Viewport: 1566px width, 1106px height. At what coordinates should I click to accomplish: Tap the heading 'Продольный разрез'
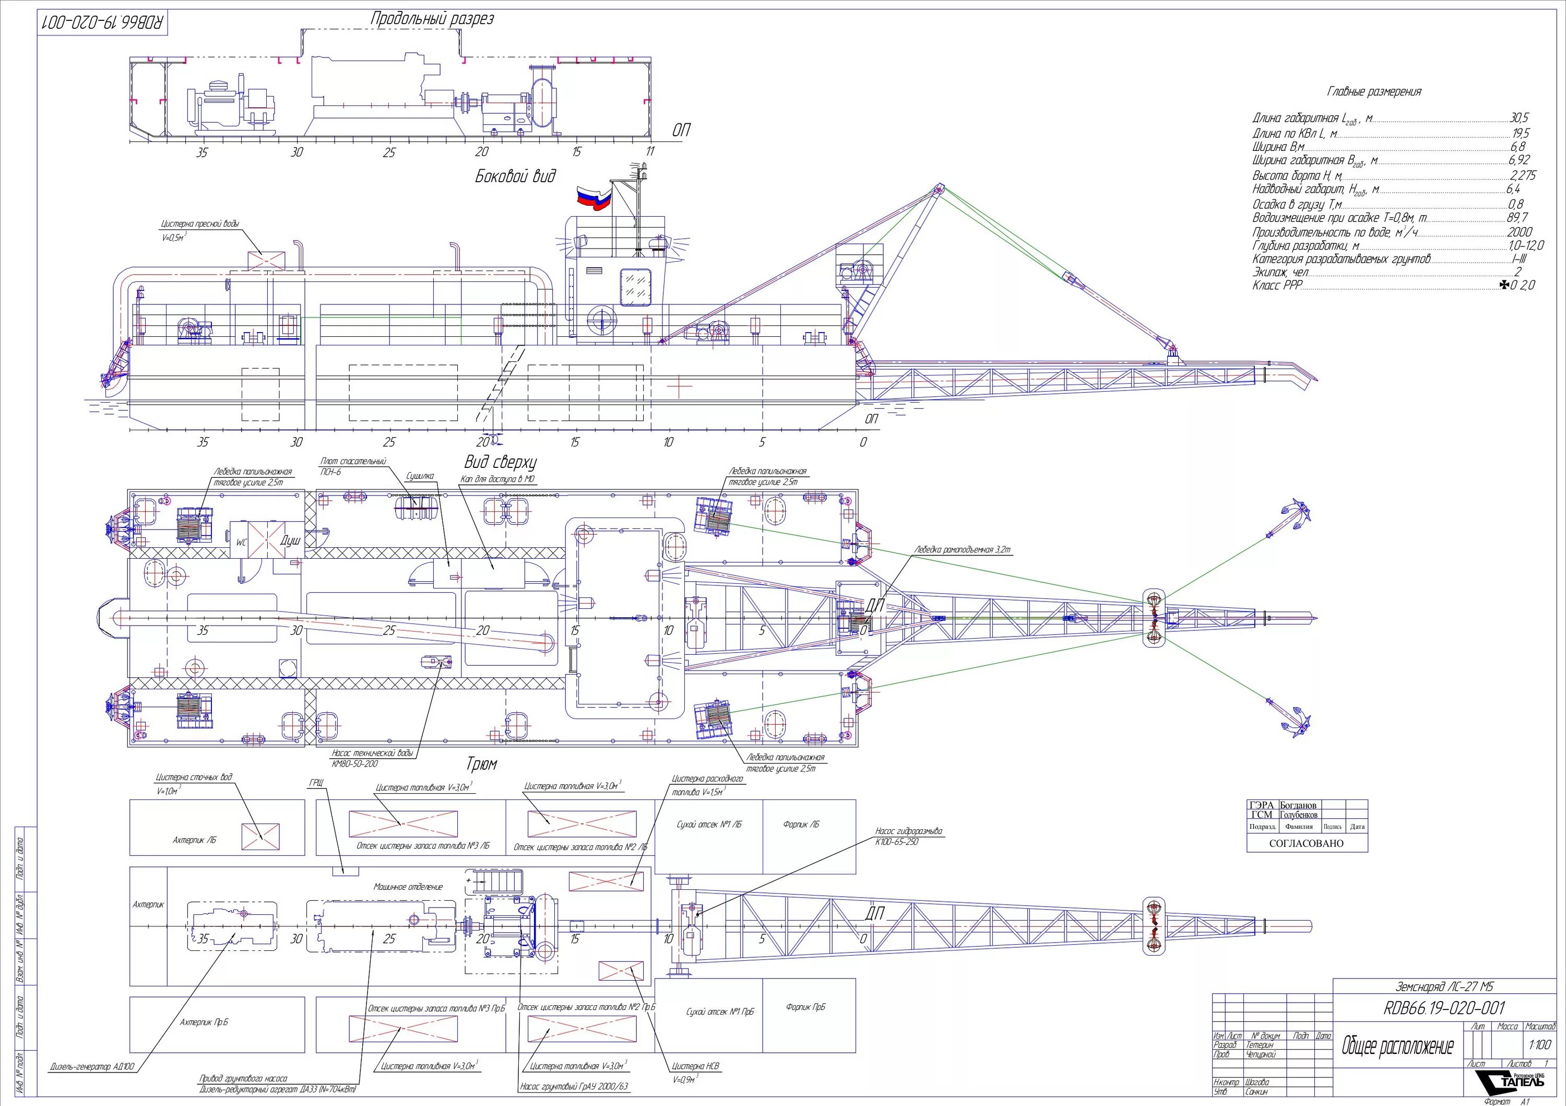point(432,19)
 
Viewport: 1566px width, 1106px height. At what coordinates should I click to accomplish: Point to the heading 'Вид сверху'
point(501,462)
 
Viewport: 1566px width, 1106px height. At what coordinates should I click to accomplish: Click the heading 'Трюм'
point(481,763)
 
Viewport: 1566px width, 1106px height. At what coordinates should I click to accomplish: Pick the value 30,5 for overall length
point(1519,118)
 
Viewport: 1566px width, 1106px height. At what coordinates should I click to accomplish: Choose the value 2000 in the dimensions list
point(1519,232)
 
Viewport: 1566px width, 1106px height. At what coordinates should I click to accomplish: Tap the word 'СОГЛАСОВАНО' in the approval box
point(1306,843)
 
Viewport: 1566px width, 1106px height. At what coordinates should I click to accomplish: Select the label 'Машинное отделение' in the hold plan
point(408,887)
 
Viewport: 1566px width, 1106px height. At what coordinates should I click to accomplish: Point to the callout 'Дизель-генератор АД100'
point(93,1066)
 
